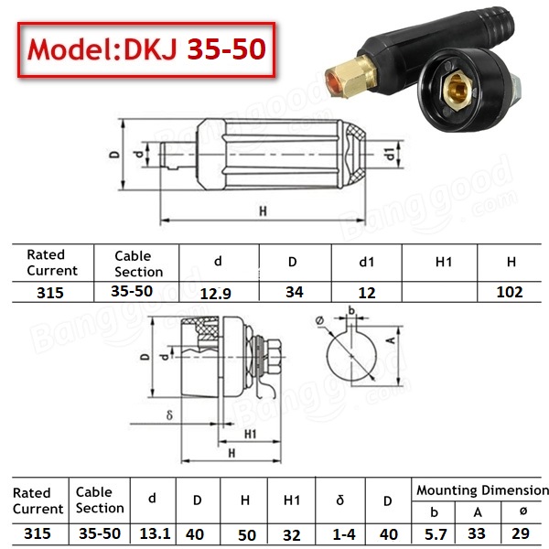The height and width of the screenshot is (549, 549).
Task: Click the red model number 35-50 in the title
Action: (x=226, y=48)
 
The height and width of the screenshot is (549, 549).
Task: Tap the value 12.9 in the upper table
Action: (x=215, y=294)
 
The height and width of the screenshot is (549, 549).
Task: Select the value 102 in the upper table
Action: (x=510, y=292)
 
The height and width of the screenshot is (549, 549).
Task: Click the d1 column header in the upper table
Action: (x=367, y=262)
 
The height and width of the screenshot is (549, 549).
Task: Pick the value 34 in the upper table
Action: (x=295, y=292)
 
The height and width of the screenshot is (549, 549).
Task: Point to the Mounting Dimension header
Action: (x=482, y=490)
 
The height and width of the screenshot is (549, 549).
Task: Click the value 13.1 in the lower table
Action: (x=155, y=534)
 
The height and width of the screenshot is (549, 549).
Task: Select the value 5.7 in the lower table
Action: (x=436, y=534)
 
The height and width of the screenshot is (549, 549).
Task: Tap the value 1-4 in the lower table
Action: (x=344, y=534)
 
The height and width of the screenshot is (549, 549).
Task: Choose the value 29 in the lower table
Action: (x=521, y=533)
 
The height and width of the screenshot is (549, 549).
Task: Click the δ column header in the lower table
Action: (x=340, y=501)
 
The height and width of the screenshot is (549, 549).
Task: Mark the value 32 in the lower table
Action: (x=291, y=535)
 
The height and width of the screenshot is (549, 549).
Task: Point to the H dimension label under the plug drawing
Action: (x=263, y=211)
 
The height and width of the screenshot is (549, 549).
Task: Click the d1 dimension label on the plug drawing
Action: (x=390, y=154)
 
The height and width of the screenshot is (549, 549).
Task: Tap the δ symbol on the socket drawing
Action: (x=169, y=414)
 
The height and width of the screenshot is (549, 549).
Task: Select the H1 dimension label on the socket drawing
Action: (x=251, y=434)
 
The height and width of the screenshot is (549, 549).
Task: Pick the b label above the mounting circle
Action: (x=351, y=310)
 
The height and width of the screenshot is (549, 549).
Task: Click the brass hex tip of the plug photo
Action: (x=350, y=77)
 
